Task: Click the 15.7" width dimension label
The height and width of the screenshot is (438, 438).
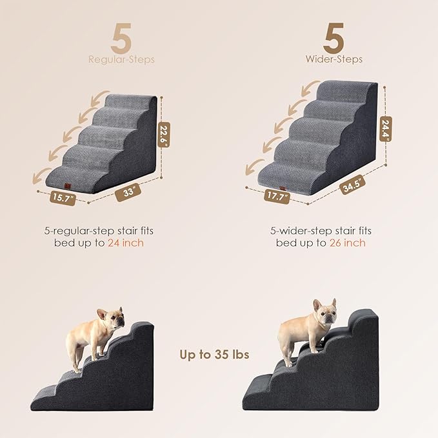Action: pos(62,198)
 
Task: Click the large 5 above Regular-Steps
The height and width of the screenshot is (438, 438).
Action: pos(121,38)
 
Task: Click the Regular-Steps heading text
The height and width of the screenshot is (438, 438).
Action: pos(121,60)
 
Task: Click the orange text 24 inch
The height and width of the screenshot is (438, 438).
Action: pos(127,243)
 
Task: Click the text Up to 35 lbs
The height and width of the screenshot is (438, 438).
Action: pos(214,354)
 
